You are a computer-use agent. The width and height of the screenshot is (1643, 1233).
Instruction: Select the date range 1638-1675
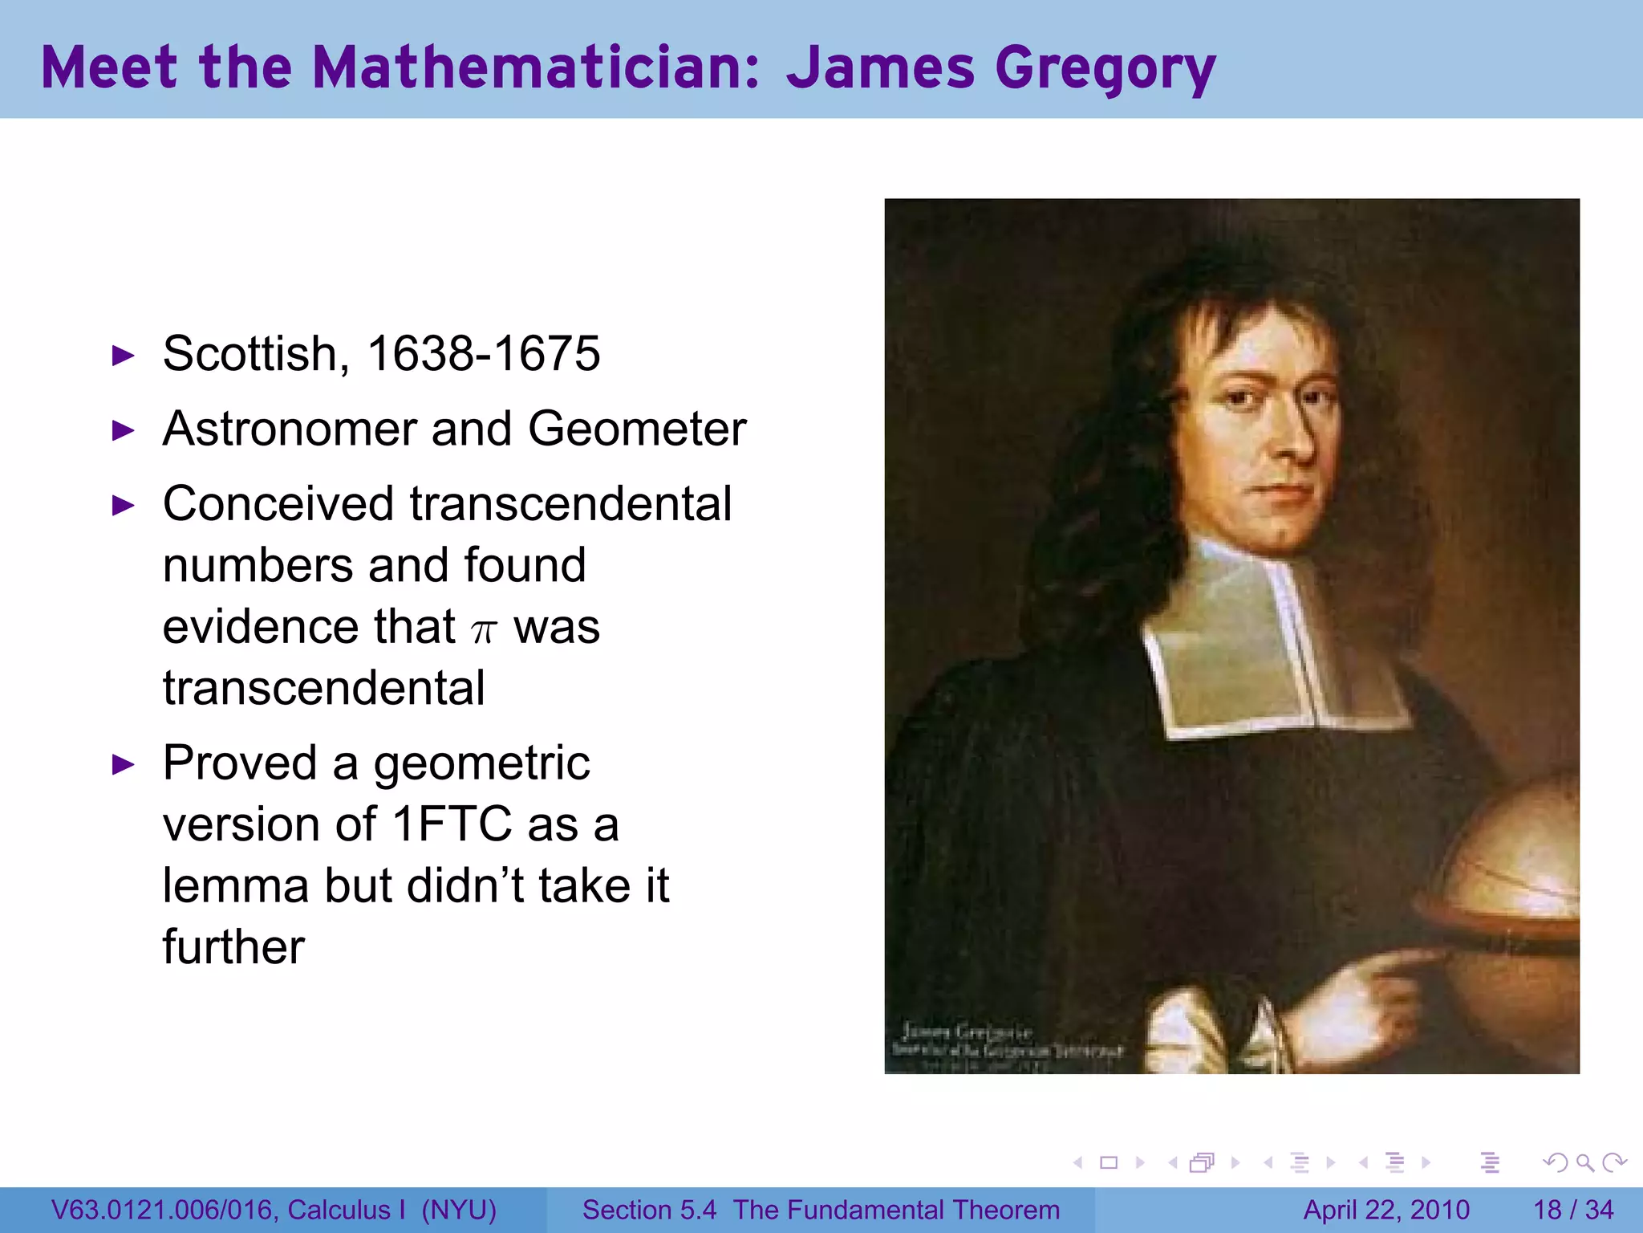click(x=483, y=353)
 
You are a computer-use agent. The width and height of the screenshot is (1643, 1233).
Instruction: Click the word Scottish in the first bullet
click(x=256, y=353)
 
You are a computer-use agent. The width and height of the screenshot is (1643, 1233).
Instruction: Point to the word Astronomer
click(x=288, y=429)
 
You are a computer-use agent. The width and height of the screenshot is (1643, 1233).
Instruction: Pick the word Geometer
click(x=637, y=429)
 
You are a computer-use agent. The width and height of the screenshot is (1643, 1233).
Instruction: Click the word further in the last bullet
click(x=233, y=947)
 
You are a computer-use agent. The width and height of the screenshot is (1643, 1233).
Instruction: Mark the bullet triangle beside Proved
click(x=123, y=764)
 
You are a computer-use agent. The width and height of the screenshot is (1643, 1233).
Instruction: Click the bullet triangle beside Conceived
click(x=123, y=506)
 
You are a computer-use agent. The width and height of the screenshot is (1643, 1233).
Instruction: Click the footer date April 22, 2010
click(x=1386, y=1210)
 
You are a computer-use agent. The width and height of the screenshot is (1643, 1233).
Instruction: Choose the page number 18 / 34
click(x=1573, y=1210)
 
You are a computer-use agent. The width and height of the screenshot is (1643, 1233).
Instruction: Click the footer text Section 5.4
click(x=648, y=1210)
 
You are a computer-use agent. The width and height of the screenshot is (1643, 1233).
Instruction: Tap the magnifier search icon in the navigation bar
click(x=1584, y=1162)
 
